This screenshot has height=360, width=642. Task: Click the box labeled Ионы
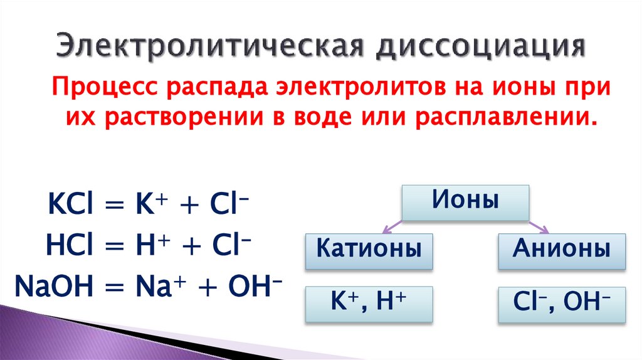click(465, 203)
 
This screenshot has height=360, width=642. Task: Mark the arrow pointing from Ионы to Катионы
click(392, 225)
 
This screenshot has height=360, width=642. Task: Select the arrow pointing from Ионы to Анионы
click(538, 225)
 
